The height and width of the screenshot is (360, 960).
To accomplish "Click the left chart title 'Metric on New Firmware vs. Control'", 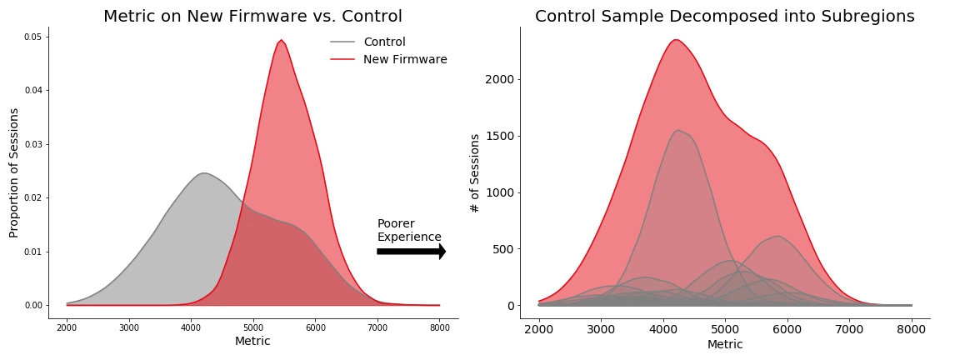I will click(x=252, y=17).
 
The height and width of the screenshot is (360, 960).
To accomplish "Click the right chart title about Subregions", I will click(x=724, y=17).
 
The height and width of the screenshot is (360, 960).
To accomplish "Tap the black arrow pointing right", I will click(x=412, y=251).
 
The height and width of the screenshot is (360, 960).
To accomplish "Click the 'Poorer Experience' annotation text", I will click(x=408, y=230).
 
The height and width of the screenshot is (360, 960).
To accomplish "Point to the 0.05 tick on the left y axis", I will click(x=32, y=37).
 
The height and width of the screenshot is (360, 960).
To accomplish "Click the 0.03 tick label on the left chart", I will click(x=32, y=144).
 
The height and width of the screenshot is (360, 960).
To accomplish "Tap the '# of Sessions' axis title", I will click(x=475, y=172).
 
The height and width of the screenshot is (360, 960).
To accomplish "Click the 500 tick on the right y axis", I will click(x=502, y=249).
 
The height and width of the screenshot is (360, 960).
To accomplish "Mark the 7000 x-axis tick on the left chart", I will click(x=377, y=326).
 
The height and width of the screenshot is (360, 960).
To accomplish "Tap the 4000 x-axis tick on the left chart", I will click(x=191, y=326).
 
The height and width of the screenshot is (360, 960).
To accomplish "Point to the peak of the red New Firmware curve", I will click(x=282, y=40).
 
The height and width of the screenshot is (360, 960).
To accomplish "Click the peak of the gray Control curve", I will click(x=204, y=173).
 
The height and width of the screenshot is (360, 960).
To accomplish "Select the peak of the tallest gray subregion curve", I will click(x=679, y=130).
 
